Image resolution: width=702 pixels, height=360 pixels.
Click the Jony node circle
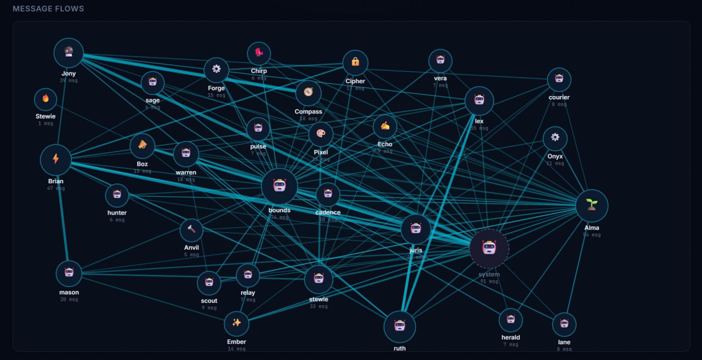pos(69,53)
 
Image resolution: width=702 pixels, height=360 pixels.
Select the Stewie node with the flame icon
pos(46,99)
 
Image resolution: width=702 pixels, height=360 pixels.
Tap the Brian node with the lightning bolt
pos(55,160)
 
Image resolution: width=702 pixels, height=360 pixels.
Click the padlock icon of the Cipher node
pos(355,62)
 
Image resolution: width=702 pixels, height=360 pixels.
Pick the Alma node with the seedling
pos(592,206)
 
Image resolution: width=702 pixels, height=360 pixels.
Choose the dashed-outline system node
pos(489,249)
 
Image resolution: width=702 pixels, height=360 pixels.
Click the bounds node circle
pos(279,186)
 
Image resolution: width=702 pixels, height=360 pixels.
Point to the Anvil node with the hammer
pos(191,230)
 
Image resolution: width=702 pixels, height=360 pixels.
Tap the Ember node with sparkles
pos(236,323)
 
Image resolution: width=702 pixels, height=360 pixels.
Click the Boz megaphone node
pos(142,145)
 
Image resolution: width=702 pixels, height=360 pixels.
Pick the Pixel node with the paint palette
pos(321,134)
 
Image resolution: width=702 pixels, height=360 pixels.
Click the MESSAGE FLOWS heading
pos(48,9)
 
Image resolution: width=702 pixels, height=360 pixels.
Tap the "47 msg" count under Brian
pos(55,188)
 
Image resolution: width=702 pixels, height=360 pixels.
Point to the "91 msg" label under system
pos(489,282)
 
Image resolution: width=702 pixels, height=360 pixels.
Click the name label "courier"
pos(559,97)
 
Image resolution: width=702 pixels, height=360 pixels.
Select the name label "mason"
pos(69,292)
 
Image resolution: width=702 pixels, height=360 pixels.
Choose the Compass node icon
pos(308,93)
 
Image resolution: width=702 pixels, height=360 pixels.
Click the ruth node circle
pos(400,327)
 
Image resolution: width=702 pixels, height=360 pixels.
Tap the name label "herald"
pos(511,337)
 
